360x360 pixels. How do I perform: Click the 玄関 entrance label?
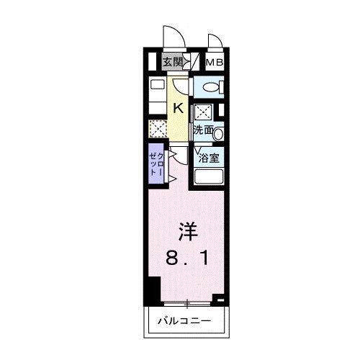click(x=171, y=63)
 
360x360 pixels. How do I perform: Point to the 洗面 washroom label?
click(x=202, y=131)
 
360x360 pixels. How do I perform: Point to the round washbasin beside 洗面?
click(x=218, y=132)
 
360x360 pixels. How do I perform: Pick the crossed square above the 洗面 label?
click(x=204, y=112)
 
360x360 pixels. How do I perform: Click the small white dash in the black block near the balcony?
click(x=220, y=296)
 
